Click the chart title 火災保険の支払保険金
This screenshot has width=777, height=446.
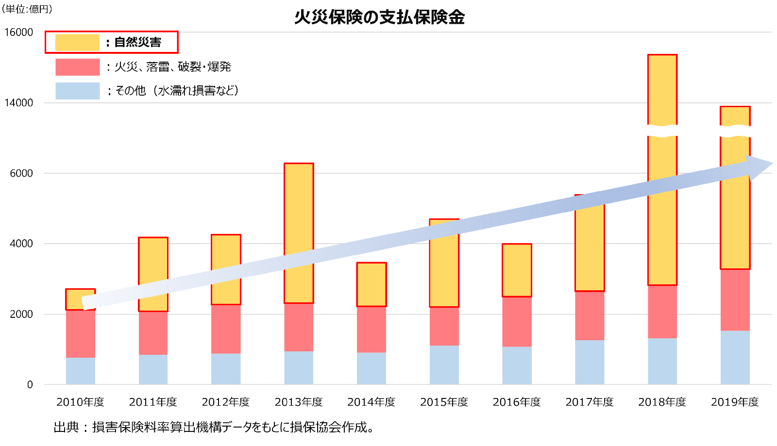pyautogui.click(x=379, y=17)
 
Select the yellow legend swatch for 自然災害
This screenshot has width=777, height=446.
pyautogui.click(x=77, y=42)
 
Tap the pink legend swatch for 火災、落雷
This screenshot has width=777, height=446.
pyautogui.click(x=77, y=67)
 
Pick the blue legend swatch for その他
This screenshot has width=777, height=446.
pyautogui.click(x=77, y=91)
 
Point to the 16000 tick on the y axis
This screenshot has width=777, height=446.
pyautogui.click(x=18, y=32)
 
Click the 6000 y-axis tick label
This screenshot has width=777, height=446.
pyautogui.click(x=21, y=173)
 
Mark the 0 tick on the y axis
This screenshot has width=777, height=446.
pyautogui.click(x=30, y=385)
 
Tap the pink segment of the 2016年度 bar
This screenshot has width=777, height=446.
pyautogui.click(x=517, y=321)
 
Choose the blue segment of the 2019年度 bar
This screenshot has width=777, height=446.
pyautogui.click(x=735, y=358)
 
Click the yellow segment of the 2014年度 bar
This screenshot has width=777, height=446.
pyautogui.click(x=372, y=284)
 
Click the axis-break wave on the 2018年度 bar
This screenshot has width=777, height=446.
pyautogui.click(x=662, y=131)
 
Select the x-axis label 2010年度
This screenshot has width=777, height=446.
pyautogui.click(x=80, y=402)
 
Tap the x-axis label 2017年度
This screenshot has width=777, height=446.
pyautogui.click(x=590, y=402)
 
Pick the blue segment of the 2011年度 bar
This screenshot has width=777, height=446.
pyautogui.click(x=153, y=369)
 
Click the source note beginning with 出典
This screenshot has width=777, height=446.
pyautogui.click(x=214, y=427)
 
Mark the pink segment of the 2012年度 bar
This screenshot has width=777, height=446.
pyautogui.click(x=226, y=329)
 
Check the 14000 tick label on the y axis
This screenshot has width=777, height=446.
pyautogui.click(x=18, y=103)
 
